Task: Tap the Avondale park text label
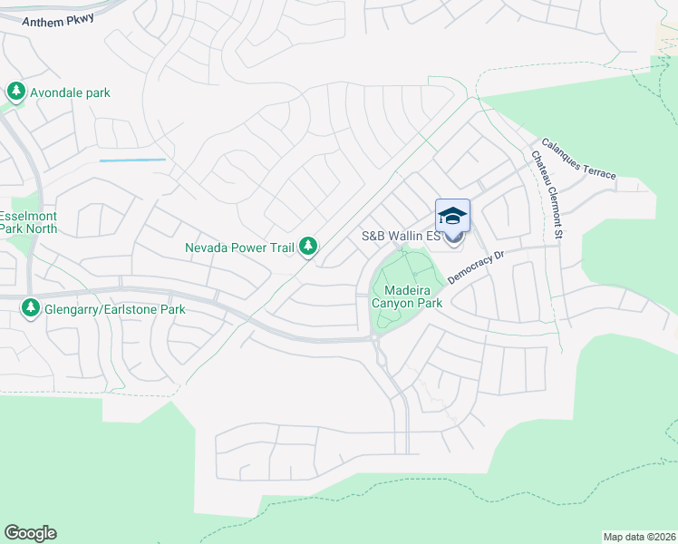pyautogui.click(x=71, y=92)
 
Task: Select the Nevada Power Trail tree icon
pyautogui.click(x=309, y=246)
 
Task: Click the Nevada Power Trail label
pyautogui.click(x=240, y=247)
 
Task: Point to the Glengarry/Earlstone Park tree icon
pyautogui.click(x=32, y=309)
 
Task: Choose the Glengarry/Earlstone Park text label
pyautogui.click(x=115, y=309)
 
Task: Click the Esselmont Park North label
pyautogui.click(x=28, y=222)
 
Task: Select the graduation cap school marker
pyautogui.click(x=452, y=216)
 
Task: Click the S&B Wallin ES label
pyautogui.click(x=401, y=237)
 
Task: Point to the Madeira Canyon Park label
pyautogui.click(x=407, y=296)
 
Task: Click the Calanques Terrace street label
pyautogui.click(x=579, y=158)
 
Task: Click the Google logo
pyautogui.click(x=30, y=533)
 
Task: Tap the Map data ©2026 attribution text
pyautogui.click(x=638, y=537)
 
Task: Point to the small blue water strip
pyautogui.click(x=132, y=160)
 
